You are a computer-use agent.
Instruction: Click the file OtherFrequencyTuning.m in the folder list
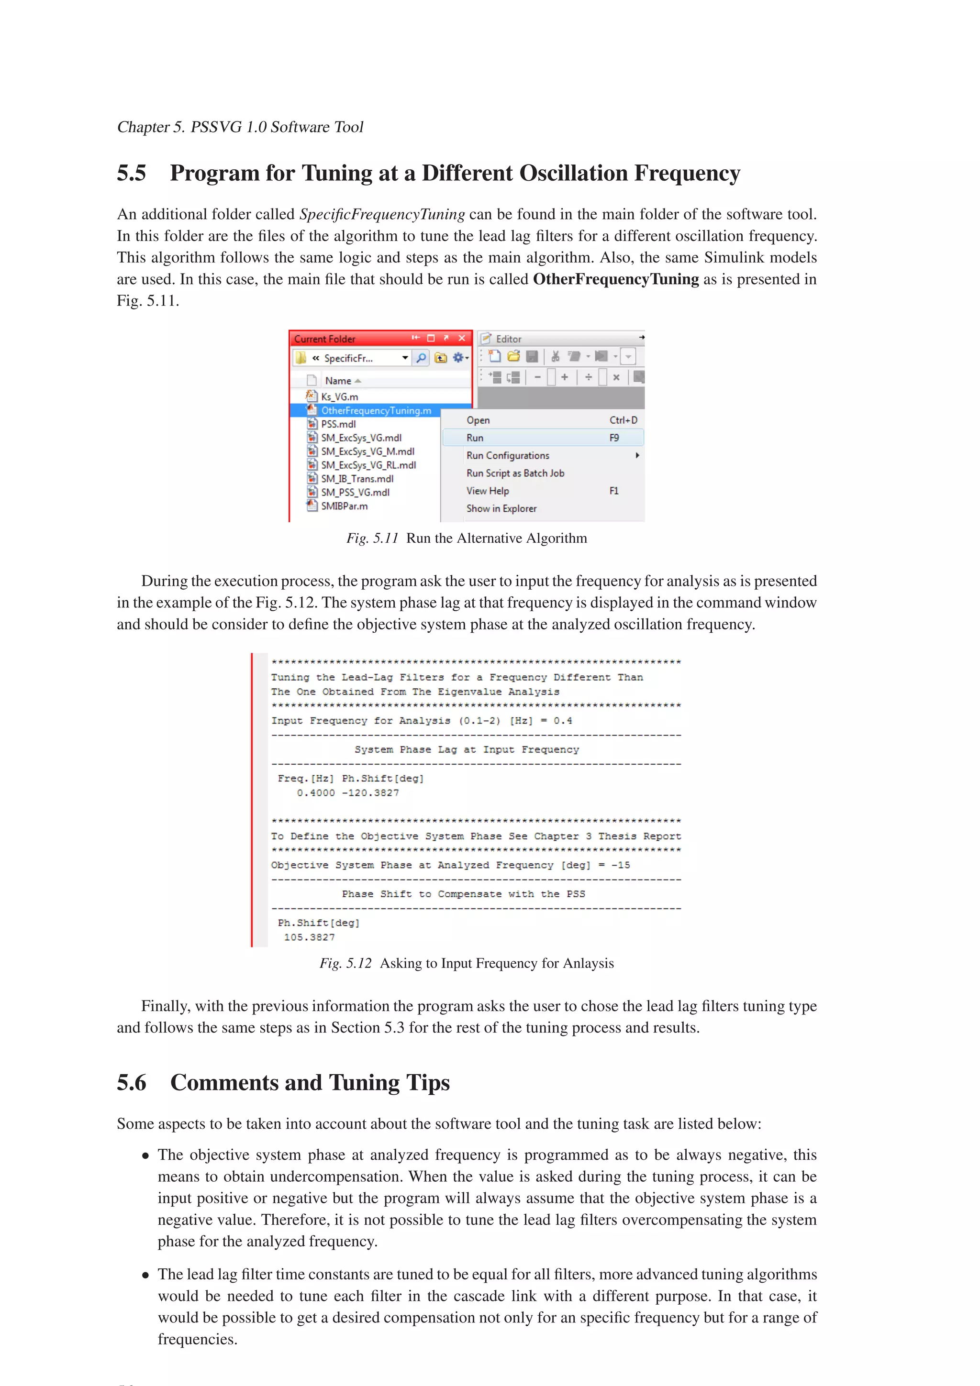(x=376, y=410)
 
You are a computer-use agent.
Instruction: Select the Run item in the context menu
(x=475, y=438)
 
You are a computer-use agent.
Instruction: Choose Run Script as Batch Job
(x=515, y=473)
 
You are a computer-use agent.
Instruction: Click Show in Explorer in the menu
(x=501, y=508)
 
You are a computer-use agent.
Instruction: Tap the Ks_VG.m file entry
(x=339, y=396)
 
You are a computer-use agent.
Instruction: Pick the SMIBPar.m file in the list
(x=344, y=506)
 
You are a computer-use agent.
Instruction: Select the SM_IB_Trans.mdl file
(x=357, y=479)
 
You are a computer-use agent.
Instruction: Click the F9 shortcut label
(x=614, y=438)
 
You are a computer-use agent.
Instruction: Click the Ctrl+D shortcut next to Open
(x=623, y=420)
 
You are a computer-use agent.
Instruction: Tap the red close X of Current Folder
(x=462, y=338)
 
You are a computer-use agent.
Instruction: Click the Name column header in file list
(x=338, y=381)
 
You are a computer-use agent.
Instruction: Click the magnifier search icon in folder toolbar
(x=421, y=358)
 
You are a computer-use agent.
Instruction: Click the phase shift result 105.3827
(x=309, y=937)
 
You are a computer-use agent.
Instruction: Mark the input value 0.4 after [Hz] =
(x=563, y=721)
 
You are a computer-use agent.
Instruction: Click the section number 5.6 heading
(x=132, y=1082)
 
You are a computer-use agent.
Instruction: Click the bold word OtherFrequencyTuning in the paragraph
(x=615, y=279)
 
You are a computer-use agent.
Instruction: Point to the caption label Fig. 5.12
(x=345, y=963)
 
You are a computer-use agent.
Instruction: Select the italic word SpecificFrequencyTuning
(x=381, y=214)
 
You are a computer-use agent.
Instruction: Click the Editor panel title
(x=508, y=339)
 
